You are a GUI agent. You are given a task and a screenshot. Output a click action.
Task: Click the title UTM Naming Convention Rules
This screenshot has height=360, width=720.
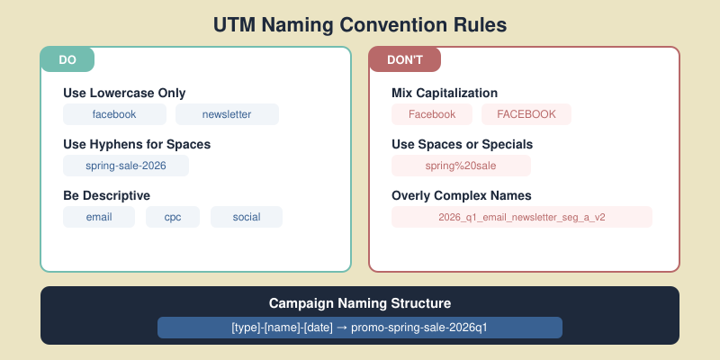pos(360,24)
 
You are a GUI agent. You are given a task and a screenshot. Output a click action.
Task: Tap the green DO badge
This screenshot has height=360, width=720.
pos(67,59)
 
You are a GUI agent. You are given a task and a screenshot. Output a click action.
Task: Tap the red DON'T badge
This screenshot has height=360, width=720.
pos(404,59)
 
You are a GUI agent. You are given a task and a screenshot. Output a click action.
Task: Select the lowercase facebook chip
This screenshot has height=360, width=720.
pos(114,114)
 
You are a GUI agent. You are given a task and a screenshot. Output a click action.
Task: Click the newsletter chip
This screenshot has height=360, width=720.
pos(227,114)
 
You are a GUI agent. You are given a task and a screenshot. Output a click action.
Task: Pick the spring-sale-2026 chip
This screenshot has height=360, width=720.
pos(126,166)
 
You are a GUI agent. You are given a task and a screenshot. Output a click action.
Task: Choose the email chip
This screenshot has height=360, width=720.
pos(99,217)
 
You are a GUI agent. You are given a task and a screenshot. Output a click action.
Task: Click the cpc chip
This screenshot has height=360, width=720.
pos(172,217)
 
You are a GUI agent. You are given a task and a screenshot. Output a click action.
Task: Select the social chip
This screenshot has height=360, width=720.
pos(247,217)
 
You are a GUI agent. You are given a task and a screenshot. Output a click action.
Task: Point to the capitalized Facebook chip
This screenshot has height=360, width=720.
pos(432,114)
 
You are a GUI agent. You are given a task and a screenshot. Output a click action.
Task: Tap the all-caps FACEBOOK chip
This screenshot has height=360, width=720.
pos(526,114)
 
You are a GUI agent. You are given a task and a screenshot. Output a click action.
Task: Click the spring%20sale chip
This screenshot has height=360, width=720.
pos(461,166)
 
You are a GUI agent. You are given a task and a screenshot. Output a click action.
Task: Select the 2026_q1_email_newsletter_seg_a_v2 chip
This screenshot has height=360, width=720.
pos(522,217)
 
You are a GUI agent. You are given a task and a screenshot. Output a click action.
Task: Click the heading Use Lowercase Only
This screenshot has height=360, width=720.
pos(124,94)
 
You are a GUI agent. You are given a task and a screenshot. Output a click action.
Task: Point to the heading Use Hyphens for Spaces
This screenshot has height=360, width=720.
pos(137,144)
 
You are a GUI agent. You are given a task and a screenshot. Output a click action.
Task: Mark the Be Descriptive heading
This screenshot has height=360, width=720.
pos(106,195)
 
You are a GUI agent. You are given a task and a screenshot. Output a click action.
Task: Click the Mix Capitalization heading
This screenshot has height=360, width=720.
pos(445,94)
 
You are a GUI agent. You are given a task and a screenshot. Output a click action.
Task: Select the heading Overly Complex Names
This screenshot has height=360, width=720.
pos(460,195)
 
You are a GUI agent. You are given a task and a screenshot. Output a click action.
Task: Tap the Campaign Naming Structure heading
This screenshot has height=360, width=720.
pos(360,304)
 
